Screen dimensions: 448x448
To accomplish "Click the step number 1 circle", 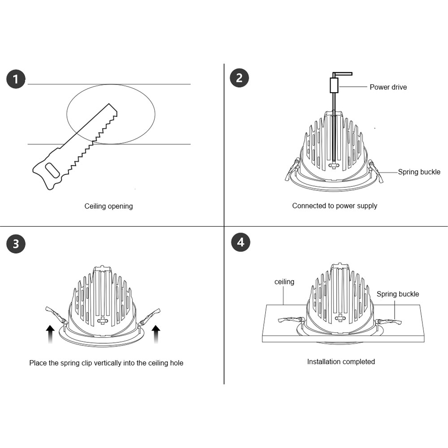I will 16,80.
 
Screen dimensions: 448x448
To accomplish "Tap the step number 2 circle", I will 239,78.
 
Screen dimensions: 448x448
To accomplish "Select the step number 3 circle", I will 16,244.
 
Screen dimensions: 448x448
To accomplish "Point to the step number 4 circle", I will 241,242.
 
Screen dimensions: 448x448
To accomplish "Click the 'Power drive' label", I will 388,87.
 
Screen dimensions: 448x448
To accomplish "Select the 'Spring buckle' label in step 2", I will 419,172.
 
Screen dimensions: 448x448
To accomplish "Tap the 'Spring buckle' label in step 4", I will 397,294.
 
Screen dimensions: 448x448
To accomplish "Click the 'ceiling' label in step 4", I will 284,282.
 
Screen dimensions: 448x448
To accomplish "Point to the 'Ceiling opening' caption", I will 108,206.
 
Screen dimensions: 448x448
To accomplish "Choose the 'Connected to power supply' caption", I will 335,206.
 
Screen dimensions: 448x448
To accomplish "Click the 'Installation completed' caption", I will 341,361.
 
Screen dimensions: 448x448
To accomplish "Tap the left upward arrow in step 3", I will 50,334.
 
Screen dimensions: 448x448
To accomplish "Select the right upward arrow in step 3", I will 155,334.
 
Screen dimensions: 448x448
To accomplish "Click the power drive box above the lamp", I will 334,85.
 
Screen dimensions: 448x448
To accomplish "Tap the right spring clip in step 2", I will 375,171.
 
